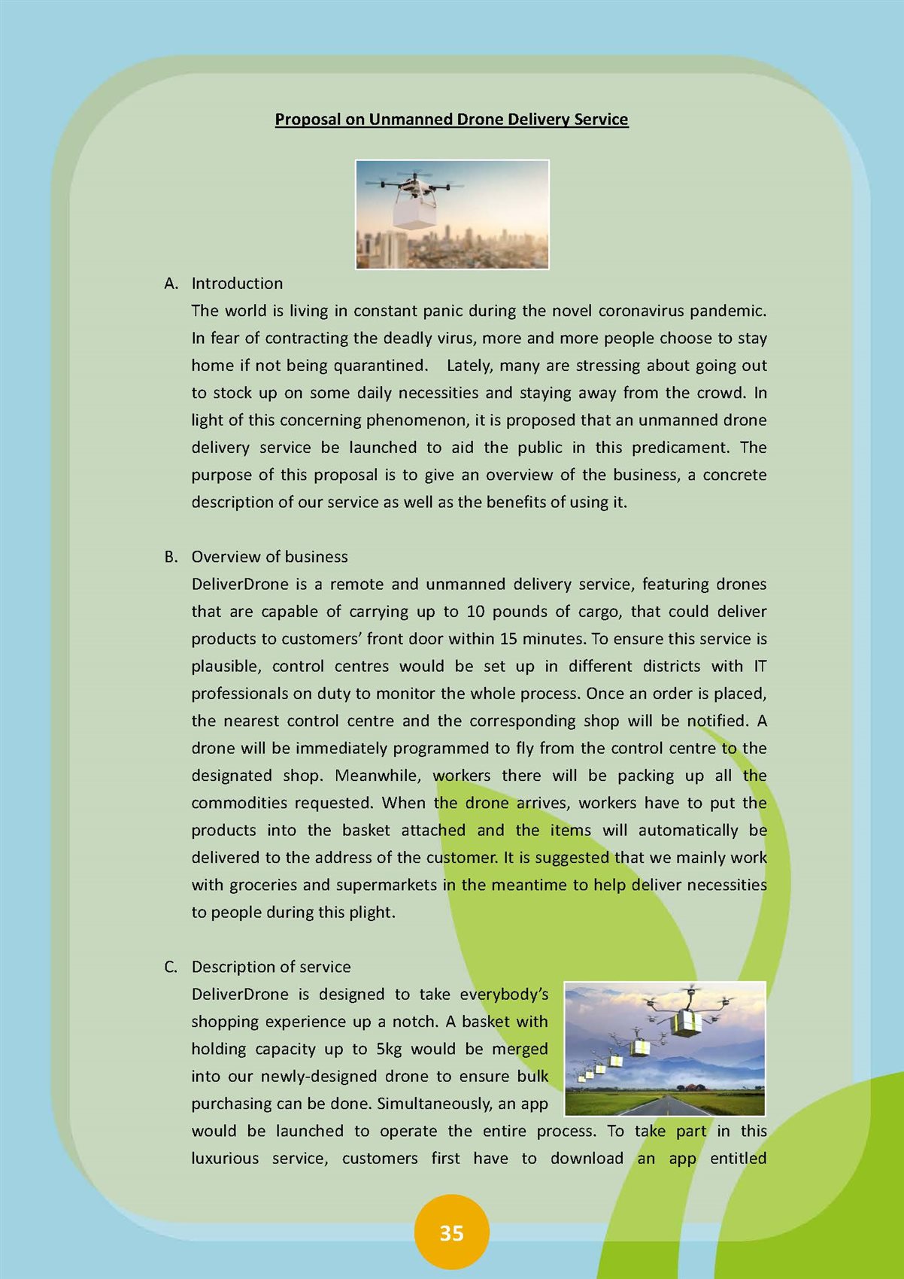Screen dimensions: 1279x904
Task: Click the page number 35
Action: click(451, 1233)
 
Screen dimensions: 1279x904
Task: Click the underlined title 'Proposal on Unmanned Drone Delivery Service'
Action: click(451, 120)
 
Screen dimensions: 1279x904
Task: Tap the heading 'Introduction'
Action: click(237, 284)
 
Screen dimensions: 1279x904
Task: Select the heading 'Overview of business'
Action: click(269, 557)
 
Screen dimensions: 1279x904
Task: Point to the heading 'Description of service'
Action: click(271, 967)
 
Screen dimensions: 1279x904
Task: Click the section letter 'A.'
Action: click(171, 284)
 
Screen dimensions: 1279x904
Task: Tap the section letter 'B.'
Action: click(171, 557)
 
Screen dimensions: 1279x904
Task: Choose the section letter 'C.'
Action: click(171, 967)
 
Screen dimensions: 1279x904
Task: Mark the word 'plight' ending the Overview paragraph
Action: click(371, 913)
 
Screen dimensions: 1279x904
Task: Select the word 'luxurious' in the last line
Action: click(224, 1159)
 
